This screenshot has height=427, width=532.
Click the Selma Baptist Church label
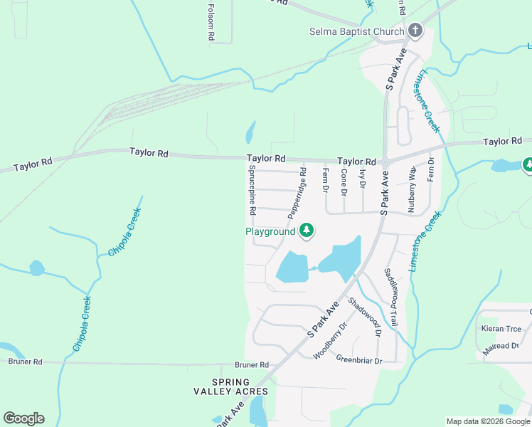tap(356, 31)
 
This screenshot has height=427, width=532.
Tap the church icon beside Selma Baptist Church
tap(415, 31)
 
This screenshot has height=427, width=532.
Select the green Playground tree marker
tap(307, 231)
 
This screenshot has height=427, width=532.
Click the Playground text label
tap(270, 231)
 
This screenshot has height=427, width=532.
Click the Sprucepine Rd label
tap(252, 190)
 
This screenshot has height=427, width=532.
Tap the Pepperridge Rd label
tap(297, 194)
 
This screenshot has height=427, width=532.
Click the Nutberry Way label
tap(412, 189)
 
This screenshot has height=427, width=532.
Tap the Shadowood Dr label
tap(365, 316)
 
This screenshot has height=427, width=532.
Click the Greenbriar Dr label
tap(359, 360)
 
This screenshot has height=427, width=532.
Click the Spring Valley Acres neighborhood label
tap(230, 386)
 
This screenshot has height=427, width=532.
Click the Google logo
tap(23, 418)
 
